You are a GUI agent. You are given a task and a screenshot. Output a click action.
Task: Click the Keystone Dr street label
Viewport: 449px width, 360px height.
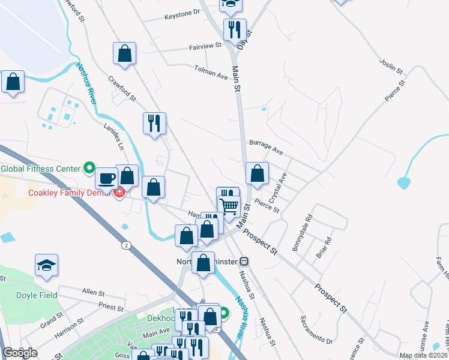coord(182,12)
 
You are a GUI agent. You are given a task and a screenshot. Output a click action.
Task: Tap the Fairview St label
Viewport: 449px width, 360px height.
coord(205,45)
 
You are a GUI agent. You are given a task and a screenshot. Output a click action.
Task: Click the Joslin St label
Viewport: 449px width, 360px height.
coord(391,67)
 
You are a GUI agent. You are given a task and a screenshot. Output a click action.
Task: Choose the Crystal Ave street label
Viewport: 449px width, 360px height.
coord(279,187)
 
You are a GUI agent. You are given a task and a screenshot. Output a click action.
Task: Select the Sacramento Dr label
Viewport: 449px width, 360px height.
coord(316,338)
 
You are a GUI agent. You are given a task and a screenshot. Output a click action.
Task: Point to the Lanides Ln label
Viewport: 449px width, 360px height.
coord(117,137)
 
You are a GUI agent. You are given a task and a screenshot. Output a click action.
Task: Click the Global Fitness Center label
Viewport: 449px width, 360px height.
coord(40,169)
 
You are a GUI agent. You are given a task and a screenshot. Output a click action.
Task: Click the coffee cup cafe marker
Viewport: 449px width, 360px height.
coord(107,178)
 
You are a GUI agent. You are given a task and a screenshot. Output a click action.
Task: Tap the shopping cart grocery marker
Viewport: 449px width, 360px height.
coord(229,206)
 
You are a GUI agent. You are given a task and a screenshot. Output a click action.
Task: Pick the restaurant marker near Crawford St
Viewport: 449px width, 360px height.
coord(154,124)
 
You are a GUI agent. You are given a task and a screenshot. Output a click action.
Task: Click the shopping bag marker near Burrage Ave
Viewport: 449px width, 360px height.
coord(257,174)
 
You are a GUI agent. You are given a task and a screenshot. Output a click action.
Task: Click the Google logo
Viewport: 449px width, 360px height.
coord(20,353)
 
